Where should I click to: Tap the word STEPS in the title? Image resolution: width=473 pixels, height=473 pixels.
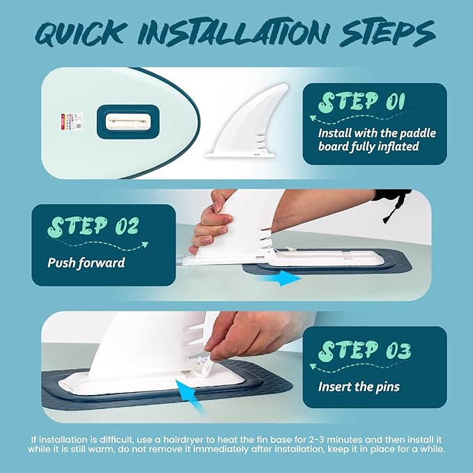(x=387, y=33)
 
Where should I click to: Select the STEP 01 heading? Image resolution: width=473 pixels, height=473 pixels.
(x=362, y=102)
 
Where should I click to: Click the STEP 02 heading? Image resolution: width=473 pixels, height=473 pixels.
(x=93, y=226)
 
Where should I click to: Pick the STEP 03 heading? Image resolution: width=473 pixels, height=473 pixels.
(x=365, y=351)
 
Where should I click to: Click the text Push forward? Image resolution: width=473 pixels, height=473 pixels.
(x=86, y=263)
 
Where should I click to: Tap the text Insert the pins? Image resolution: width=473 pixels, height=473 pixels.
(x=359, y=387)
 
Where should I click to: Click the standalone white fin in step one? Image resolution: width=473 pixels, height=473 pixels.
(x=247, y=121)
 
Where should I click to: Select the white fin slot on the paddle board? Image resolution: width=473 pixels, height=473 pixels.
(x=128, y=122)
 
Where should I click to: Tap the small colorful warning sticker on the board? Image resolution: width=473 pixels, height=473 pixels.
(x=72, y=121)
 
